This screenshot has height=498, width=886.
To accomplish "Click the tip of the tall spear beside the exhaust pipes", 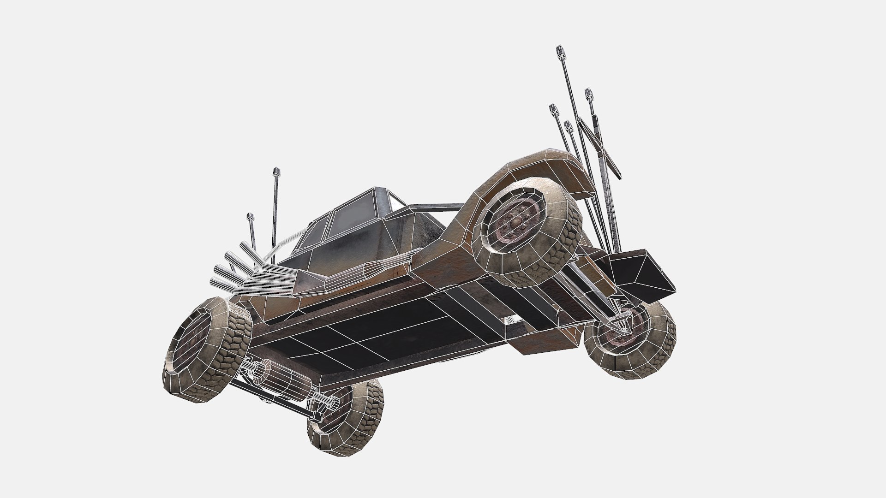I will pos(277,171).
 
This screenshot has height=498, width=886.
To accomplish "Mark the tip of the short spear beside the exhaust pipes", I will pos(250,216).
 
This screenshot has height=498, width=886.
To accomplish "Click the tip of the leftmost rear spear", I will pos(552,109).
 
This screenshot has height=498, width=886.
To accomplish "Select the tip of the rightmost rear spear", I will pos(588,92).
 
